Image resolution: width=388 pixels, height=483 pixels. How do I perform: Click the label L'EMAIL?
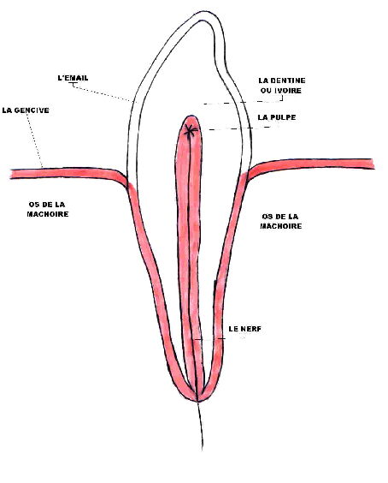[73, 78]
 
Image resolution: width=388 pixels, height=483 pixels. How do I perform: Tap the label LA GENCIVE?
[26, 110]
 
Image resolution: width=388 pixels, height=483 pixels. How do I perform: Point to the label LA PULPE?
[277, 117]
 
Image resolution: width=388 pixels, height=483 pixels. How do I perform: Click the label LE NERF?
[244, 329]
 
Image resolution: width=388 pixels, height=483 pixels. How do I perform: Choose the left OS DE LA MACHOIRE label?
[47, 210]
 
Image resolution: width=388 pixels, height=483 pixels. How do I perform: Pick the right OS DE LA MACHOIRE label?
[280, 222]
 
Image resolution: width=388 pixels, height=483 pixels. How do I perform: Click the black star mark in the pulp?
[191, 131]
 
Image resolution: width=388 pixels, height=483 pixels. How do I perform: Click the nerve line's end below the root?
[203, 449]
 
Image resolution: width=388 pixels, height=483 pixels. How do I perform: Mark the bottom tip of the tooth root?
[197, 401]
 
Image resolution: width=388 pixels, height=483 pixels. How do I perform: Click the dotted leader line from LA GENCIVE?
[34, 140]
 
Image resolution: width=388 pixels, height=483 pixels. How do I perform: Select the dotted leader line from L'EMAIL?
[102, 92]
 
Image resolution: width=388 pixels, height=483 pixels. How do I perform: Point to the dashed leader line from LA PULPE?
[239, 128]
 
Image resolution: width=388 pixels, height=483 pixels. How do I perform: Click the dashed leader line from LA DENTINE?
[243, 102]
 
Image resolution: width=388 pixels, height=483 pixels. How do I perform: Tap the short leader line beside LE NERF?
[209, 339]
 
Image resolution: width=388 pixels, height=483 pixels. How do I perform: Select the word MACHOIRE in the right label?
[281, 226]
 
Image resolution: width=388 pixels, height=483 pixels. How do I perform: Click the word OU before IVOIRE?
[265, 91]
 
